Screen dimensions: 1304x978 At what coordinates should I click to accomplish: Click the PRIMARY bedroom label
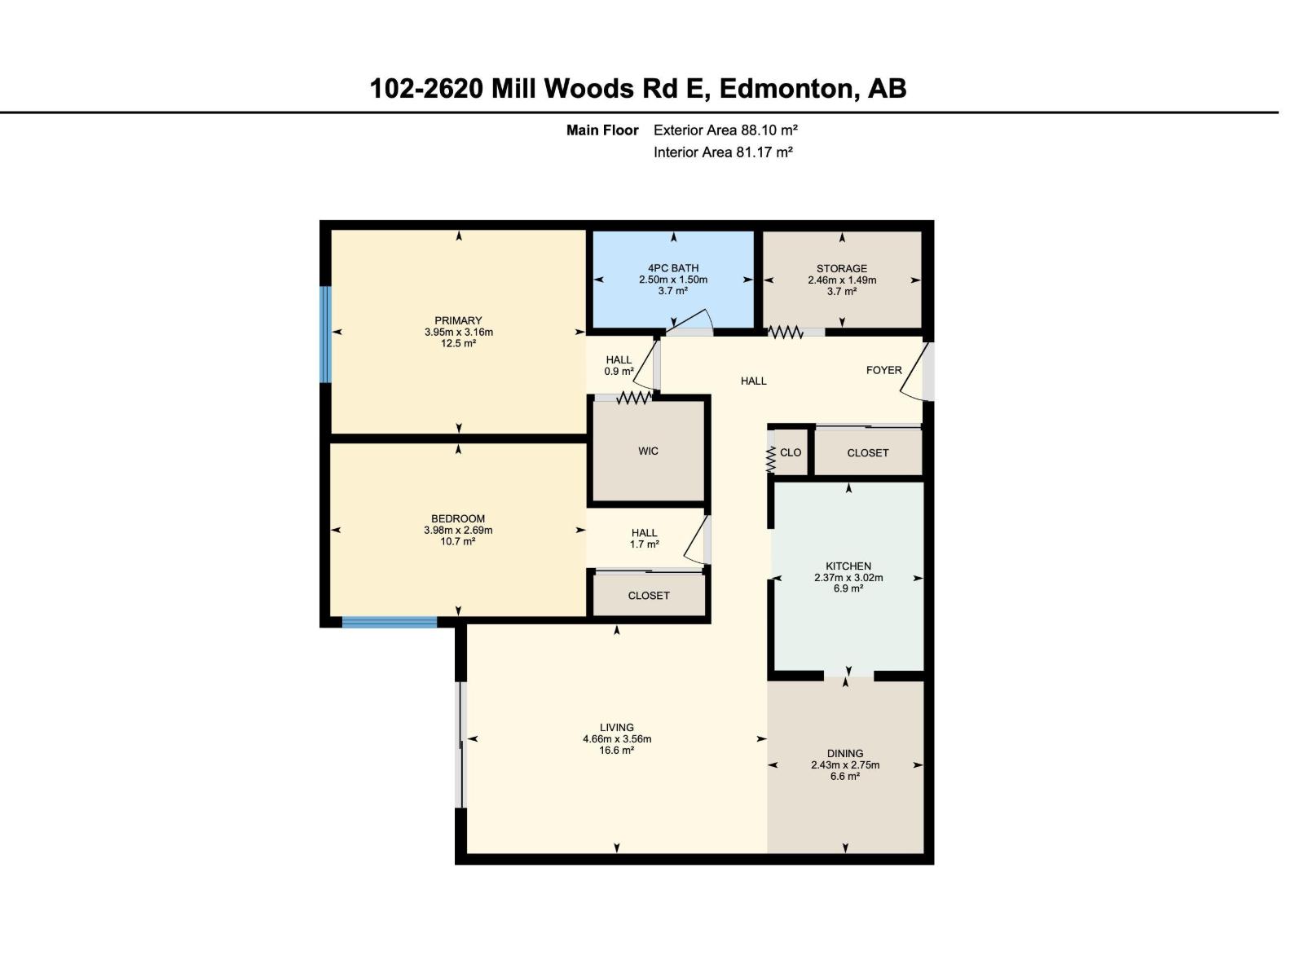pos(457,320)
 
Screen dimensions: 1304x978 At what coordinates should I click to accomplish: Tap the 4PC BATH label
pos(673,268)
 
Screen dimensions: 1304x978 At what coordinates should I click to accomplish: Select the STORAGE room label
pos(841,268)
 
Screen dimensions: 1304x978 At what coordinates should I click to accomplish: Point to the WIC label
pos(648,452)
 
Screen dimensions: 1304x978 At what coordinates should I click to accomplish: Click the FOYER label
pos(884,370)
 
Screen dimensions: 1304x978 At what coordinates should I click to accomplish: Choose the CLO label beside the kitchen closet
pos(790,452)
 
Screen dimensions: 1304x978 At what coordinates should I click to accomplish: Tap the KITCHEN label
pos(848,566)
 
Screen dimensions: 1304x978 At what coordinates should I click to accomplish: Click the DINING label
pos(845,754)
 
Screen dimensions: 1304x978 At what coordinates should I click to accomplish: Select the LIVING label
pos(617,728)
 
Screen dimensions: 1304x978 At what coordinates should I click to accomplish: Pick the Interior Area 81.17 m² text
pos(723,152)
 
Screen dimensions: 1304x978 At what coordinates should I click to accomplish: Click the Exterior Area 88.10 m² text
pos(725,130)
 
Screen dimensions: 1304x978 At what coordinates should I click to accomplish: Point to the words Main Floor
pos(602,130)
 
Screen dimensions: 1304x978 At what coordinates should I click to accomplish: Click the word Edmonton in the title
pos(786,89)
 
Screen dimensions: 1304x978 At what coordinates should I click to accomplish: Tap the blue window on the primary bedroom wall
pos(325,334)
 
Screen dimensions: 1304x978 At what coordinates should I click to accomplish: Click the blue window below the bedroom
pos(390,623)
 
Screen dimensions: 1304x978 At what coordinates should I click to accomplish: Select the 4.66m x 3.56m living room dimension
pos(617,739)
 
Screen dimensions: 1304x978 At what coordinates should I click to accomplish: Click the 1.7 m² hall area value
pos(645,544)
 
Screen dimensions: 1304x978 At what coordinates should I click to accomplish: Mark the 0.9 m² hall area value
pos(619,371)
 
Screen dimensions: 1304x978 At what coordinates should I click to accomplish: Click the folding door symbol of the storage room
pos(786,333)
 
